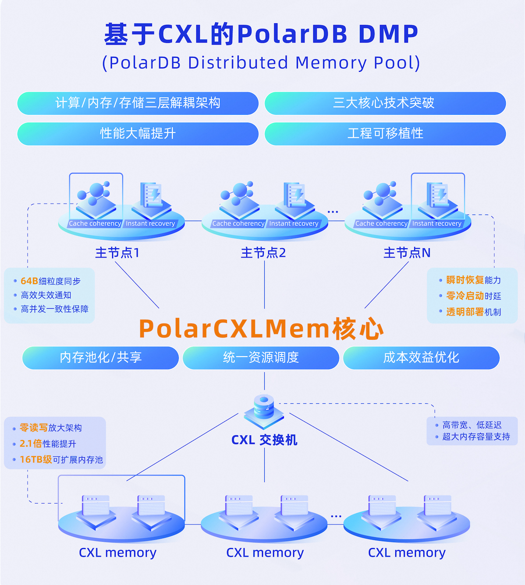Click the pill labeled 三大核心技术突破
385,103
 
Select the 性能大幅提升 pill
138,134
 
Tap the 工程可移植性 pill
385,134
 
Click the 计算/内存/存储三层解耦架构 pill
138,103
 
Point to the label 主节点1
117,253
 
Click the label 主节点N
407,253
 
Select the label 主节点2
263,253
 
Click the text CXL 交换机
264,440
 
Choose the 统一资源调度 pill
261,358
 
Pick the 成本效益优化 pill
421,358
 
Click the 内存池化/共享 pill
100,358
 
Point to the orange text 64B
29,281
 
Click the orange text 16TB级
36,459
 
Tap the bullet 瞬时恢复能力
473,280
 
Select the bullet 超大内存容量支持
476,437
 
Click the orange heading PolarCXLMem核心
261,328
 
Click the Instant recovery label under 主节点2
294,224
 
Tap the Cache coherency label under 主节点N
381,224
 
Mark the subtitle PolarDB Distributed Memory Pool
261,63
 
